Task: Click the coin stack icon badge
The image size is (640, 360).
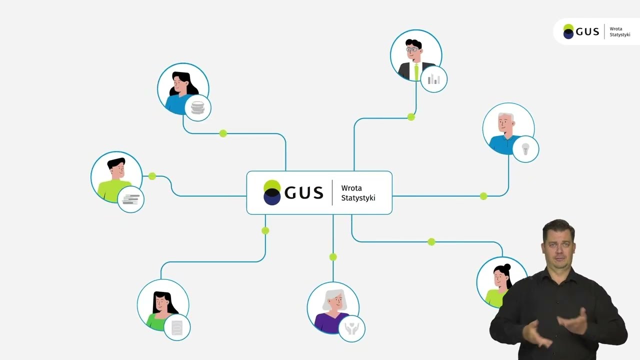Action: point(197,108)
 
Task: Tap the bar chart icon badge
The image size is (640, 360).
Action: point(433,79)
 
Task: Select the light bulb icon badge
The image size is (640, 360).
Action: point(525,149)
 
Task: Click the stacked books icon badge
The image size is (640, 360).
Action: point(130,199)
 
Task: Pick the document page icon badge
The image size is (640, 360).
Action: point(177,327)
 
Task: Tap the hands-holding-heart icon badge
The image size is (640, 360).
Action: point(351,328)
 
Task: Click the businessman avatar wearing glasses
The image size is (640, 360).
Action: point(415,55)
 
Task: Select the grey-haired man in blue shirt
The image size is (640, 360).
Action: point(508,128)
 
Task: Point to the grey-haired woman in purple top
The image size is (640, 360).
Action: point(333,307)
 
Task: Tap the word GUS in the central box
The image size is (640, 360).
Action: point(303,193)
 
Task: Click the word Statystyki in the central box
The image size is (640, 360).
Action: point(358,198)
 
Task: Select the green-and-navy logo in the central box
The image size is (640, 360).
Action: point(272,192)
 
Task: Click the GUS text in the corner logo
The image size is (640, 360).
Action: point(587,31)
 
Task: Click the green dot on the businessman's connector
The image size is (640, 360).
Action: point(411,117)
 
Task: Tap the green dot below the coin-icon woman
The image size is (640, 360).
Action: point(223,133)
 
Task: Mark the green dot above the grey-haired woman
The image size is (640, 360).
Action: point(333,257)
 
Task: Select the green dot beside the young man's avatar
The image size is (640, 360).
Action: point(152,176)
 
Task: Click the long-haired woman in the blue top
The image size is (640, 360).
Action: point(183,89)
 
